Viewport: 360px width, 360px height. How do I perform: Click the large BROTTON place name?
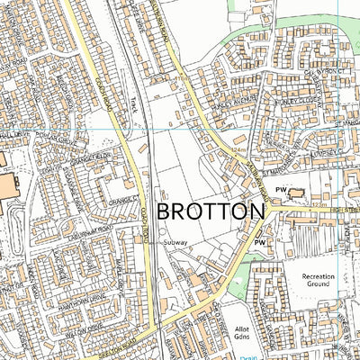(211, 211)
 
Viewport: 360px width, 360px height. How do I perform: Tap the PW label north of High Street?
(281, 191)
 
